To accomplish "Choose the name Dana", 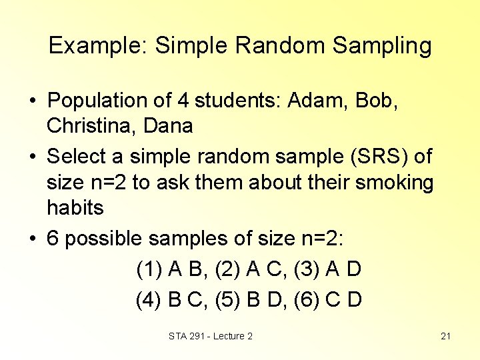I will point(170,125).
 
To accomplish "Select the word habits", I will point(75,208).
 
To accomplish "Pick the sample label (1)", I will point(149,270).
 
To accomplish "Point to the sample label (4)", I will point(149,299).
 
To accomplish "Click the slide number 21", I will point(446,336).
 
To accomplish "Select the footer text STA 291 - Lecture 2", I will point(211,336).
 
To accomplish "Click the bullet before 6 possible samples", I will point(32,239).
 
